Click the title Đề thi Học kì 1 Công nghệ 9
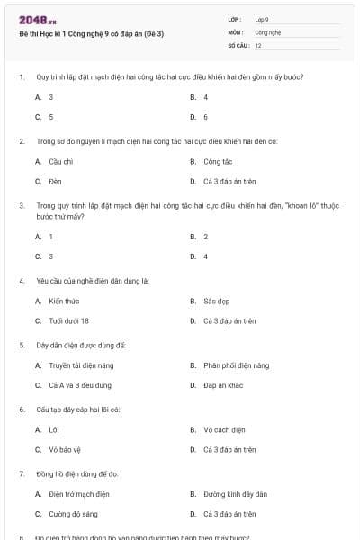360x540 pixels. (91, 33)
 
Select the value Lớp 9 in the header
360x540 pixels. (262, 19)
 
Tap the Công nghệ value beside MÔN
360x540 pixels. (268, 31)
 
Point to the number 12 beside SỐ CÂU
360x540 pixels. (258, 45)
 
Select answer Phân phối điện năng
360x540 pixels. (236, 366)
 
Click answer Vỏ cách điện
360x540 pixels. (224, 430)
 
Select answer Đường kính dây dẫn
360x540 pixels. (235, 494)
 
